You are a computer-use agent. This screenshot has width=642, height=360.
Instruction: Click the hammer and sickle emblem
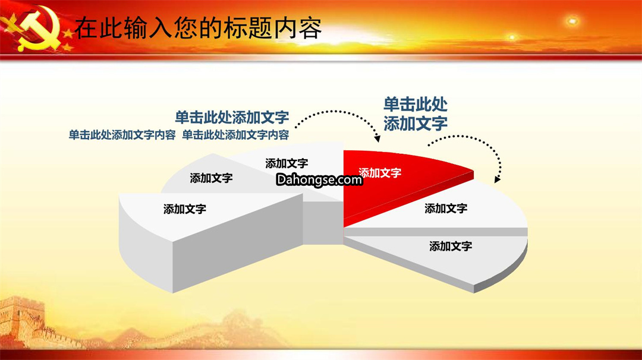(x=37, y=30)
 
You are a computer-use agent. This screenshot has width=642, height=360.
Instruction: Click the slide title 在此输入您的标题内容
(x=198, y=29)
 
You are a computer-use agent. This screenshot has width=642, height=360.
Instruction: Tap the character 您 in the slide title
(x=186, y=29)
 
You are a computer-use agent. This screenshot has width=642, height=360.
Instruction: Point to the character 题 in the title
(x=260, y=29)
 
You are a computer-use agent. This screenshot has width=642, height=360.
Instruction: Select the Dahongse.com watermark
(x=319, y=179)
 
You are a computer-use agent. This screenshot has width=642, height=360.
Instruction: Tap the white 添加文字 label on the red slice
(x=380, y=173)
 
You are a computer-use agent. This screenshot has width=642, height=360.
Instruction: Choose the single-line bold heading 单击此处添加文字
(x=232, y=118)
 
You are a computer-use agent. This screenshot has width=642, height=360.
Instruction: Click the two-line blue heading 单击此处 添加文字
(x=415, y=113)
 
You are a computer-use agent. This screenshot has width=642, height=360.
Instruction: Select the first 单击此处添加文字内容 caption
(x=122, y=135)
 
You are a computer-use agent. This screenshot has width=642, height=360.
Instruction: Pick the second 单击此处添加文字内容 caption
(x=235, y=135)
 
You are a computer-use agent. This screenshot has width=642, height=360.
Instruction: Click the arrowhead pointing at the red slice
(x=377, y=138)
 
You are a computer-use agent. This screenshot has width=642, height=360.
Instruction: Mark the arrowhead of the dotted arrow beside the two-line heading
(x=497, y=179)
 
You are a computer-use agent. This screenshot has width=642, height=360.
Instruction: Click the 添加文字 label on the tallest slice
(x=185, y=209)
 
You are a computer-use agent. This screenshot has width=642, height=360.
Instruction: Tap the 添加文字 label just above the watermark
(x=287, y=163)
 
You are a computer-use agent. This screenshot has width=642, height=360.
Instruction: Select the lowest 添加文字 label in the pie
(x=451, y=246)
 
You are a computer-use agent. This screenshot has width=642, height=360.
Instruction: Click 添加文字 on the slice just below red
(x=446, y=209)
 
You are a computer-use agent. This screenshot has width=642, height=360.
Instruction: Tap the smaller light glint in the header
(x=512, y=37)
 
